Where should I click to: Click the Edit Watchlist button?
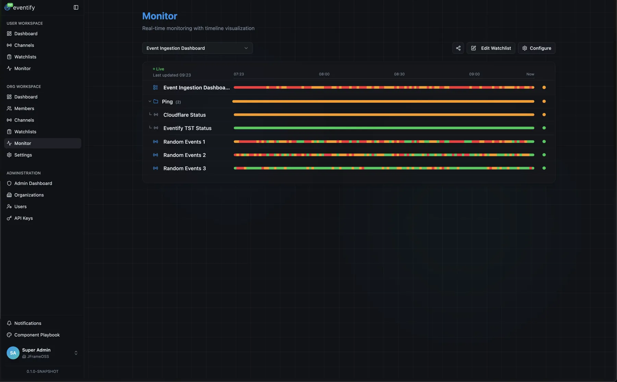[491, 48]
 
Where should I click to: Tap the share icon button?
[458, 48]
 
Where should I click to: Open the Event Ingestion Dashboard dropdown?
[197, 48]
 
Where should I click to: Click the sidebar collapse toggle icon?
[76, 8]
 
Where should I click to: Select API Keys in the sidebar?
[23, 218]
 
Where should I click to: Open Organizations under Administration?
[29, 195]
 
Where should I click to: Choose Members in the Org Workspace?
[24, 109]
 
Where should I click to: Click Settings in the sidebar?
[23, 155]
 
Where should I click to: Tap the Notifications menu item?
[27, 323]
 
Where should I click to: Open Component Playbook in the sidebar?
[37, 335]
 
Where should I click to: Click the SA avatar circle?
[13, 353]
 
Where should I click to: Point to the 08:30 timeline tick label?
[399, 74]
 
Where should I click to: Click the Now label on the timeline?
[530, 74]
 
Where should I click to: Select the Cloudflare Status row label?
[184, 115]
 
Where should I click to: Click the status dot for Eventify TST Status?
[544, 128]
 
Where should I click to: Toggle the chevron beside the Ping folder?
[150, 101]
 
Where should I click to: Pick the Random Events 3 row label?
[184, 169]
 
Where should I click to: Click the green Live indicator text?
[160, 69]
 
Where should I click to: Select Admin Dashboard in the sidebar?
[33, 184]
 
